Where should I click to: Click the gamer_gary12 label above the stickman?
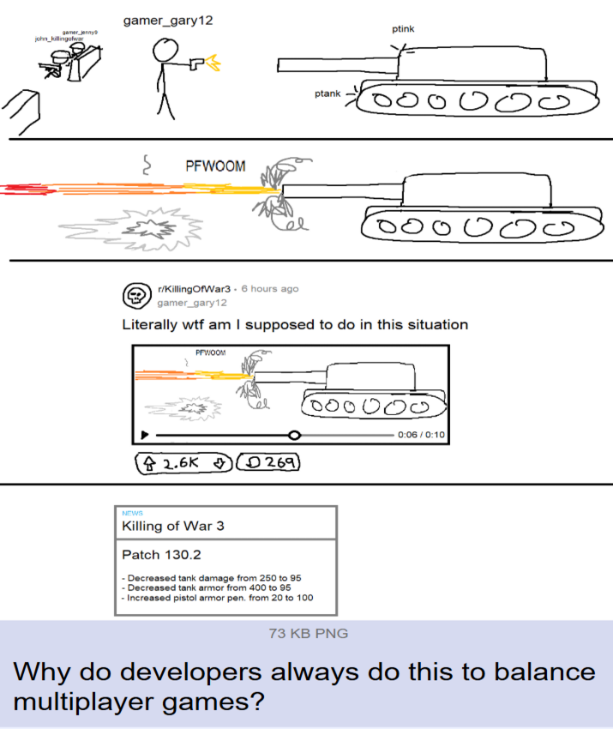click(168, 21)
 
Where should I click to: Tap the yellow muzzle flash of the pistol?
click(213, 63)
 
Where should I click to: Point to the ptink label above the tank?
click(403, 29)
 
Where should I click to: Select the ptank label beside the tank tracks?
click(328, 93)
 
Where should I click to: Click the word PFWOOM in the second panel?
click(215, 166)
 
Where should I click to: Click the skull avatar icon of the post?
click(136, 295)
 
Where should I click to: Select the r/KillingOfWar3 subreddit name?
click(195, 289)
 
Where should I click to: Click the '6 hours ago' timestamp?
click(270, 289)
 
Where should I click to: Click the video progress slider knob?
click(294, 435)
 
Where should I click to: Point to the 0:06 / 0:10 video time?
click(421, 435)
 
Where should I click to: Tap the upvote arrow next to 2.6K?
click(149, 463)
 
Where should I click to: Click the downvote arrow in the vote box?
click(219, 463)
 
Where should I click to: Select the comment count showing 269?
click(268, 462)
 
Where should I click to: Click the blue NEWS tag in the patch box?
click(132, 513)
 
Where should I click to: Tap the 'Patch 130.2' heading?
click(161, 555)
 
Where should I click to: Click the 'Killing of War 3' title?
click(173, 526)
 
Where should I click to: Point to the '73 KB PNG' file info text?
click(308, 633)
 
